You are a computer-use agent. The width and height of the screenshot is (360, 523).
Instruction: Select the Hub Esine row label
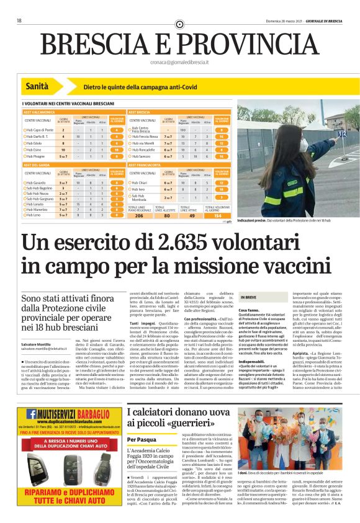point(35,150)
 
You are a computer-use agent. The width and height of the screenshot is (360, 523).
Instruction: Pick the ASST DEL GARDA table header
point(37,165)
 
